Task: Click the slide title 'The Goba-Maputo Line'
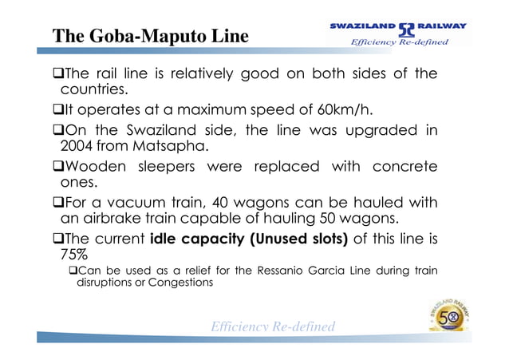151,37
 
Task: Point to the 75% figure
75,255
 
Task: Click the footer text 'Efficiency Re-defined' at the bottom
272,326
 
